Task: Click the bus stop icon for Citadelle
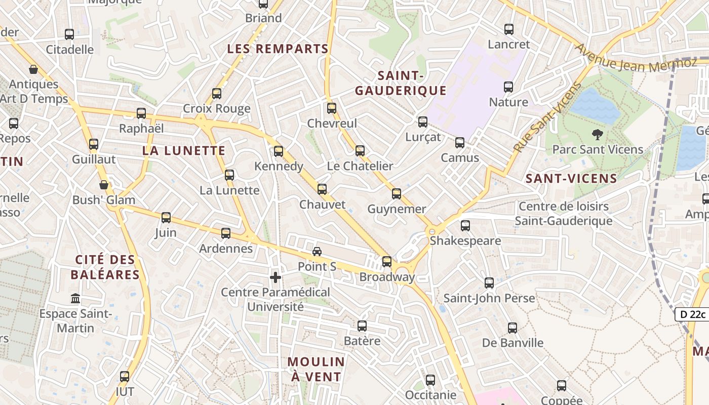pos(69,34)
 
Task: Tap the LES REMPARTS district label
pos(278,49)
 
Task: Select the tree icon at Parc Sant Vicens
pos(598,135)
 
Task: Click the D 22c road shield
pos(693,314)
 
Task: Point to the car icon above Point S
pos(317,252)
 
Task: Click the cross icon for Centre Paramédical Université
pos(275,277)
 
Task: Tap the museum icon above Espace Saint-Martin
pos(75,298)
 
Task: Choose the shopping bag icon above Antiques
pos(33,69)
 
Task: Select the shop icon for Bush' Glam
pos(104,185)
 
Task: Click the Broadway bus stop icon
pos(387,262)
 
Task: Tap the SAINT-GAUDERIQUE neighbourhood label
pos(401,84)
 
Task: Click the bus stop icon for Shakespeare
pos(465,225)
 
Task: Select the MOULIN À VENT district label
pos(317,370)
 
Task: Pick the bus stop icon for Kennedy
pos(279,151)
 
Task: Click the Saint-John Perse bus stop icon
pos(489,283)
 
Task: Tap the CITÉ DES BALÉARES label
pos(105,267)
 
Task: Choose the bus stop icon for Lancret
pos(509,29)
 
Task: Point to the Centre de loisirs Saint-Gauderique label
pos(563,214)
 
